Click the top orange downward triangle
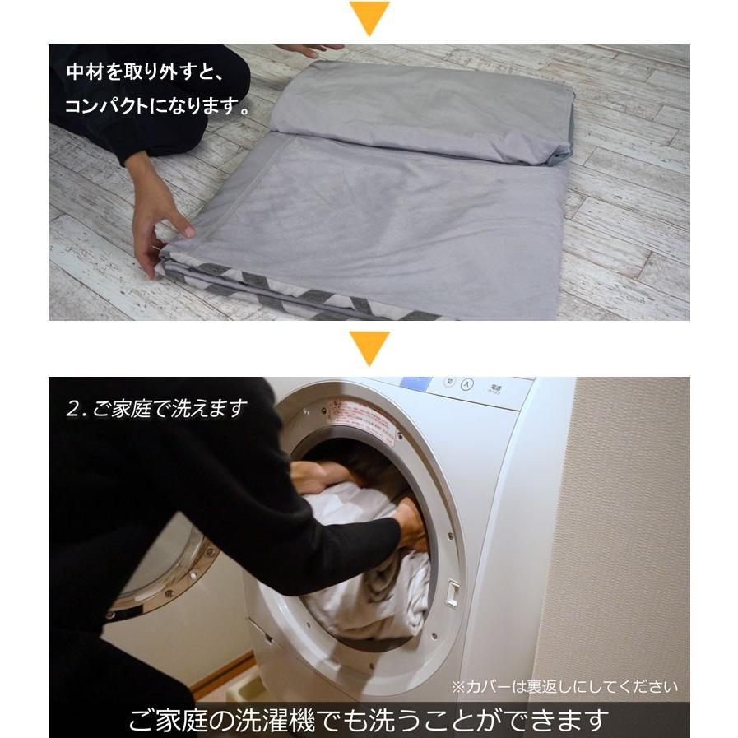tap(369, 16)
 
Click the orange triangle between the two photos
tap(369, 347)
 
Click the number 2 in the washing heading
tap(72, 409)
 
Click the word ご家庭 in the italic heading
tap(124, 409)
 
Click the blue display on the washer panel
tap(415, 384)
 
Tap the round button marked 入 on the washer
tap(467, 383)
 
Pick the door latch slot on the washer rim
tap(452, 593)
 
